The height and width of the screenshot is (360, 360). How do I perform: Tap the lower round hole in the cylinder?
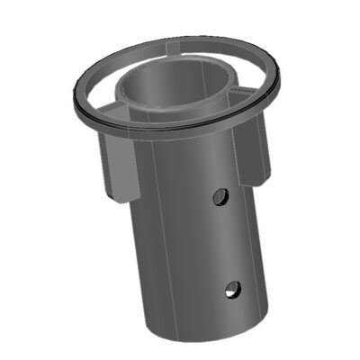[232, 290]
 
